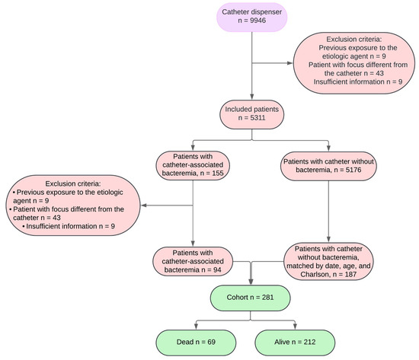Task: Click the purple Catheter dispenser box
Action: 251,17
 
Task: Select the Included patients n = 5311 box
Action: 251,114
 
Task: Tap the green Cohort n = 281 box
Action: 250,298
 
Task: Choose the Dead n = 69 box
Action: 196,342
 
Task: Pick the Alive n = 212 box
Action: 295,342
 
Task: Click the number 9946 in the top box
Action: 257,21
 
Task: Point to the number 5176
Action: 353,170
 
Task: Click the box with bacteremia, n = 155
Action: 193,165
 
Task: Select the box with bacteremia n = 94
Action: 193,262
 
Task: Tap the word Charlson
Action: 315,274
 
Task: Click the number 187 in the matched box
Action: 350,274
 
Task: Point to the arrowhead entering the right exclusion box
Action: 290,63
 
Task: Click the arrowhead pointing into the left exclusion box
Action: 144,205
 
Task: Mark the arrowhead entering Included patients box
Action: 251,97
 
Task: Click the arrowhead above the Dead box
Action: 196,327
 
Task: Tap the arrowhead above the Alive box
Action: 295,327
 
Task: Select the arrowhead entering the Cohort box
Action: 251,282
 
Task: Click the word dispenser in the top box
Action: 267,12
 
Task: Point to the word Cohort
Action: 237,298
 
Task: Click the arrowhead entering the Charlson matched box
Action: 328,239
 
